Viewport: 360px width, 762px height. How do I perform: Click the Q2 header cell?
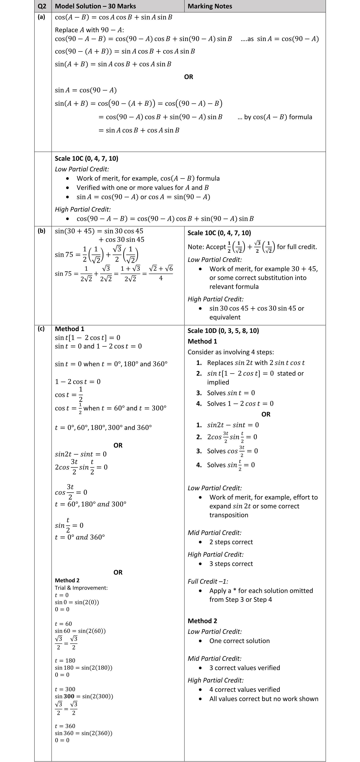point(43,6)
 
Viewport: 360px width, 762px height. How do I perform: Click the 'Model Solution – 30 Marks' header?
point(95,6)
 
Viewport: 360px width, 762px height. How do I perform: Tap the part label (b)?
point(41,231)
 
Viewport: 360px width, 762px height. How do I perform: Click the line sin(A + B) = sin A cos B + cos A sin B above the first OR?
point(113,64)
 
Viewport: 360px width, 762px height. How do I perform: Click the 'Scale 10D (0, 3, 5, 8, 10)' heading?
point(223,331)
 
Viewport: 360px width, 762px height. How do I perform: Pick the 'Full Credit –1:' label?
point(208,581)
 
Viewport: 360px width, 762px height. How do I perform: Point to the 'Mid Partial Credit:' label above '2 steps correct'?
point(214,532)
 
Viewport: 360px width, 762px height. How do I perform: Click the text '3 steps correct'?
point(231,564)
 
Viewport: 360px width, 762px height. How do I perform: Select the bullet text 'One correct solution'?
point(239,641)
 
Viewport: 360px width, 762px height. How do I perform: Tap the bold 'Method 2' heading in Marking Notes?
point(202,621)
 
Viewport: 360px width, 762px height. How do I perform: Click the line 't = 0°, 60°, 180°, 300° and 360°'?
point(103,428)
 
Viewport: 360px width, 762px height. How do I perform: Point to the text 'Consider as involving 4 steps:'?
point(231,352)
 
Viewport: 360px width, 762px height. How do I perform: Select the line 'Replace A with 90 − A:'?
point(89,30)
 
